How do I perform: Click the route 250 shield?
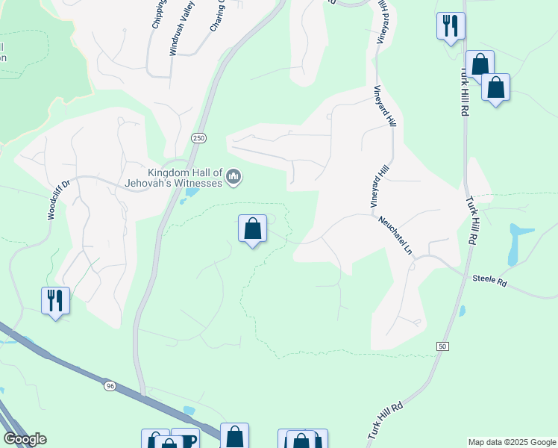point(198,138)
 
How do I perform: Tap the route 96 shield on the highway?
point(110,385)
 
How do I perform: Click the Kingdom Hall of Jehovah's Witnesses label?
point(176,178)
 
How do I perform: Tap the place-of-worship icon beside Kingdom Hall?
point(234,177)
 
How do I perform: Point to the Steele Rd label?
point(489,281)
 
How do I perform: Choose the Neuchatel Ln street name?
point(396,234)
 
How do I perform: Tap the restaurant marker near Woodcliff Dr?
point(55,301)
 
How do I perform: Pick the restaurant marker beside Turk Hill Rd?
point(450,27)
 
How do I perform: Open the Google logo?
point(25,439)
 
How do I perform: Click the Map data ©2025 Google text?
point(512,442)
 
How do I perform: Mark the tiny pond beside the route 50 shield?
point(462,311)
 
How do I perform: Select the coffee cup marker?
point(186,440)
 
